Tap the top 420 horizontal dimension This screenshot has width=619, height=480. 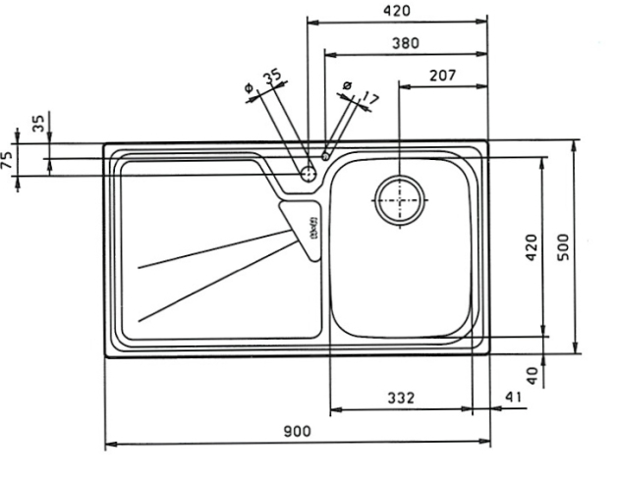coord(397,11)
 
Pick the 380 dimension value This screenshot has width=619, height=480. coord(405,43)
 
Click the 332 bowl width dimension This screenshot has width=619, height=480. coord(401,398)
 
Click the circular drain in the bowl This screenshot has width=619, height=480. coord(400,200)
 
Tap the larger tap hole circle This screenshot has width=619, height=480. coord(309,174)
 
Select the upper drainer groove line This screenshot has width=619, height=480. coord(216,249)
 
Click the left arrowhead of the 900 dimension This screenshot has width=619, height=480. coord(109,444)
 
